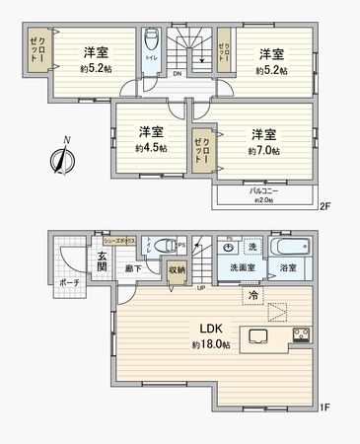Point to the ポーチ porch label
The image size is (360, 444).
(69, 282)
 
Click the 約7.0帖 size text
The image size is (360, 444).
(262, 151)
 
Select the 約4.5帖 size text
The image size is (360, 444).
(151, 147)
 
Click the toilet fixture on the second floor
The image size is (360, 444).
(151, 43)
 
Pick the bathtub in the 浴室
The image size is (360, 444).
(291, 247)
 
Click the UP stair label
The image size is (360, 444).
(201, 288)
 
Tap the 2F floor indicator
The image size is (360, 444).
(324, 208)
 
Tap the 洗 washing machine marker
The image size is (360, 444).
(252, 246)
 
